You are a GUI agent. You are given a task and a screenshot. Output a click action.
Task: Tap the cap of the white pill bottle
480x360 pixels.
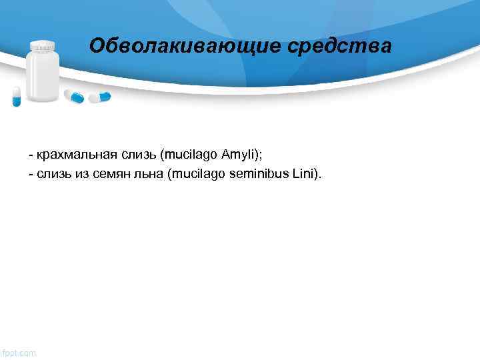[43, 46]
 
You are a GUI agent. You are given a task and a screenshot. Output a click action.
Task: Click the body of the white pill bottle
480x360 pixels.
[43, 77]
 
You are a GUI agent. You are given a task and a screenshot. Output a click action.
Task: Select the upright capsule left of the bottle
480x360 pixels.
[17, 96]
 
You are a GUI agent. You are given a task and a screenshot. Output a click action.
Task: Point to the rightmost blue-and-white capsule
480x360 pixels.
[101, 97]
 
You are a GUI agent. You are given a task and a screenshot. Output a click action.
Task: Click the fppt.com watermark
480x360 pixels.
[19, 352]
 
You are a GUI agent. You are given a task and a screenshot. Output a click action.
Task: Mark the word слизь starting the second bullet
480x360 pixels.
[49, 174]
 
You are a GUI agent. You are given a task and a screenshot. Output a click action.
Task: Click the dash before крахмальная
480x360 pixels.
[31, 156]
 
